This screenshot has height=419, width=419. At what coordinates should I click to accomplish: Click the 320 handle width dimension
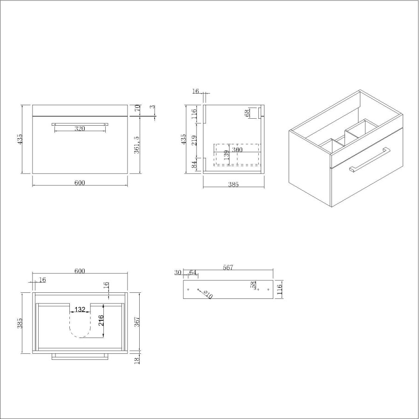(80, 129)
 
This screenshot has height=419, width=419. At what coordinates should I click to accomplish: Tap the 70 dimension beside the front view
(137, 108)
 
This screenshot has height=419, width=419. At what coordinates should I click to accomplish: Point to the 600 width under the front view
(80, 182)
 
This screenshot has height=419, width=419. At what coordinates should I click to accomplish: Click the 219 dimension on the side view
(195, 140)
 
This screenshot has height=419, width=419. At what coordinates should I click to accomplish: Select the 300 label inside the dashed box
(237, 150)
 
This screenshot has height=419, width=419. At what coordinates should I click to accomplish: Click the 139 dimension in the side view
(226, 155)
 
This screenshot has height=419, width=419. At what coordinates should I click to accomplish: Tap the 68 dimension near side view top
(249, 112)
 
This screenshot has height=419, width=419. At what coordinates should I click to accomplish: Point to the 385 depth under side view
(233, 185)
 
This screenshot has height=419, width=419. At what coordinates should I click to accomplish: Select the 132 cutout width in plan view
(80, 310)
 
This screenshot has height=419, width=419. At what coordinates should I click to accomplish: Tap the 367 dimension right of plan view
(136, 321)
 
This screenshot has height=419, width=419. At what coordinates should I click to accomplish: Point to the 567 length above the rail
(228, 267)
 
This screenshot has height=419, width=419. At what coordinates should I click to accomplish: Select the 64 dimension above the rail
(192, 272)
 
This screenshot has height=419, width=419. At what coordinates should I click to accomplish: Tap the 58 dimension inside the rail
(253, 284)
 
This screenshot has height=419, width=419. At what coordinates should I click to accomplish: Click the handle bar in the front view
(80, 124)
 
